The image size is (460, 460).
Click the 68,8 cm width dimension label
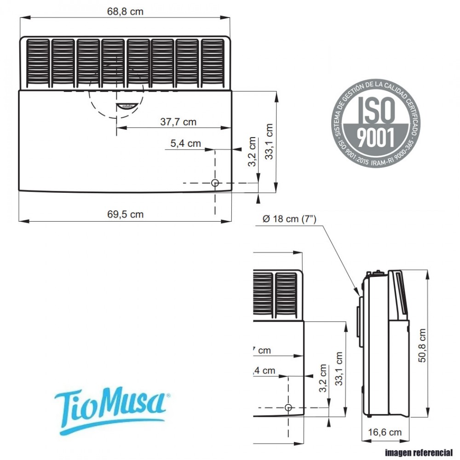(x=125, y=12)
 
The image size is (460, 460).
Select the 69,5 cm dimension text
(x=125, y=214)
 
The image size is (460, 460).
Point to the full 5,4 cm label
(x=186, y=144)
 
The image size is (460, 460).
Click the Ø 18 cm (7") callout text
(x=289, y=219)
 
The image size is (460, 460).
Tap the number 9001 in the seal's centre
(x=376, y=136)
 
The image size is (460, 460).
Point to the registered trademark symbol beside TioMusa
(x=168, y=395)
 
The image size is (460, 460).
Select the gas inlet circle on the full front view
(x=215, y=183)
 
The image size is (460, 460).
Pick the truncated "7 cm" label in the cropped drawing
(x=262, y=351)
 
